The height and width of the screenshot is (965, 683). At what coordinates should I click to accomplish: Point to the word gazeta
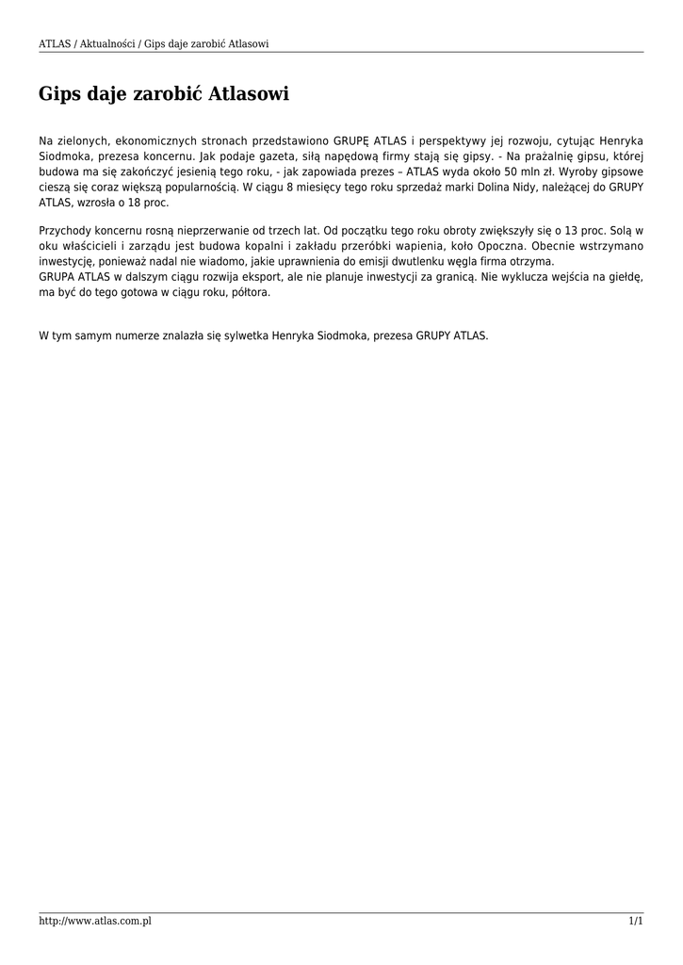(x=278, y=156)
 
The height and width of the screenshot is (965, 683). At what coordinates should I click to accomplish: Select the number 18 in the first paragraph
(x=136, y=203)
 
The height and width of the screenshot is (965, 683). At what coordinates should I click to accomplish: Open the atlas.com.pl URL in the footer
(x=95, y=921)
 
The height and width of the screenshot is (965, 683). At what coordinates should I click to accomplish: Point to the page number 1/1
(x=636, y=921)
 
